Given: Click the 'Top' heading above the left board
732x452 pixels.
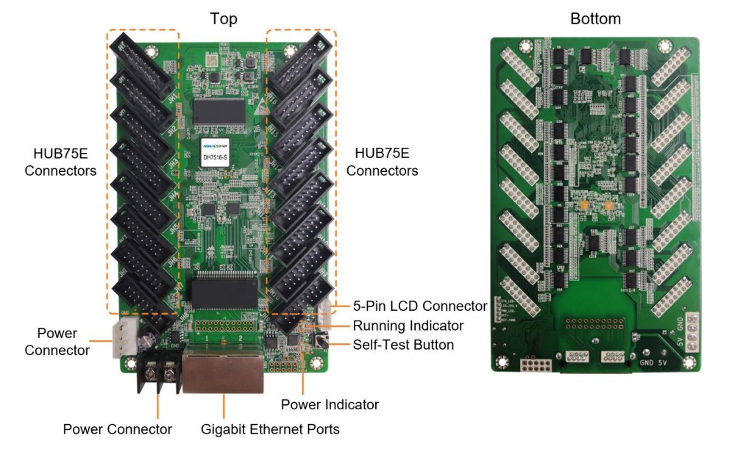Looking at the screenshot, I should [x=224, y=18].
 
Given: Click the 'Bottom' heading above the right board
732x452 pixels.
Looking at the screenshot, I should [x=595, y=18].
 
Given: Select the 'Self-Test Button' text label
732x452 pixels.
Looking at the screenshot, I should [x=403, y=345].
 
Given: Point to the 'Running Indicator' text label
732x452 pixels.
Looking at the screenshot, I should [x=408, y=326].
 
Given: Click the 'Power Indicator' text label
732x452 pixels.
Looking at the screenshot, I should [x=330, y=404].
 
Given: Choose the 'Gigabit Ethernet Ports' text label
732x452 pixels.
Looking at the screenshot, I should [x=270, y=428].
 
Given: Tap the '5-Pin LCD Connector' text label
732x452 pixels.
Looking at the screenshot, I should [x=420, y=306].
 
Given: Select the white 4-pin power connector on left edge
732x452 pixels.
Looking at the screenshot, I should [x=122, y=341].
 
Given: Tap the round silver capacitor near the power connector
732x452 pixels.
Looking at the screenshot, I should [x=149, y=337].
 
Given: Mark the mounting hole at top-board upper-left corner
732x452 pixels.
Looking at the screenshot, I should [x=152, y=51].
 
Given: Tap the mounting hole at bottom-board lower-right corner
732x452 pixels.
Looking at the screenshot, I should [x=689, y=362].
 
